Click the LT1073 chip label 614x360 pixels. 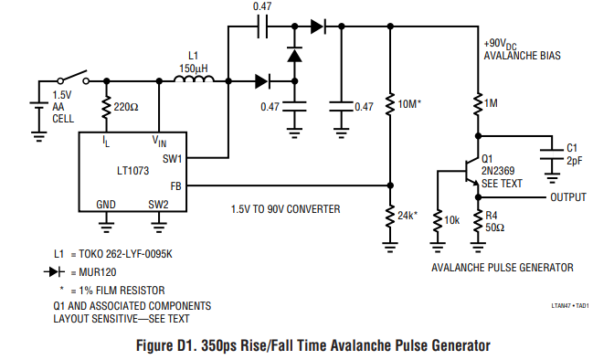click(x=133, y=171)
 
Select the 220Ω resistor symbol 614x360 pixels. click(x=106, y=108)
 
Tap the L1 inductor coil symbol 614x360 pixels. click(x=195, y=79)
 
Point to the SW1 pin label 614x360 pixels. click(x=173, y=159)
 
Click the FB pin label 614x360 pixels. click(x=176, y=186)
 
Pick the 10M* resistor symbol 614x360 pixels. click(x=390, y=104)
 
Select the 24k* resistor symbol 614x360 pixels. click(x=390, y=217)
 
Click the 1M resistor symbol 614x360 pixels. click(x=478, y=104)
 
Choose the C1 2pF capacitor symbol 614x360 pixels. click(x=552, y=154)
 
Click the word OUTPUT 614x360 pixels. click(x=568, y=197)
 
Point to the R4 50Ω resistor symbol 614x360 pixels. click(x=478, y=221)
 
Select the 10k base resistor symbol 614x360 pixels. click(x=438, y=221)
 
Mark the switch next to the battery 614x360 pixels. click(x=73, y=77)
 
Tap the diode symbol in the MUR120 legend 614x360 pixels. click(x=55, y=272)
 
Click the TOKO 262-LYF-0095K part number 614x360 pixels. click(x=125, y=254)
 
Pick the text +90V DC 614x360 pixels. click(x=501, y=44)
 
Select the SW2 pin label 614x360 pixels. click(x=158, y=205)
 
